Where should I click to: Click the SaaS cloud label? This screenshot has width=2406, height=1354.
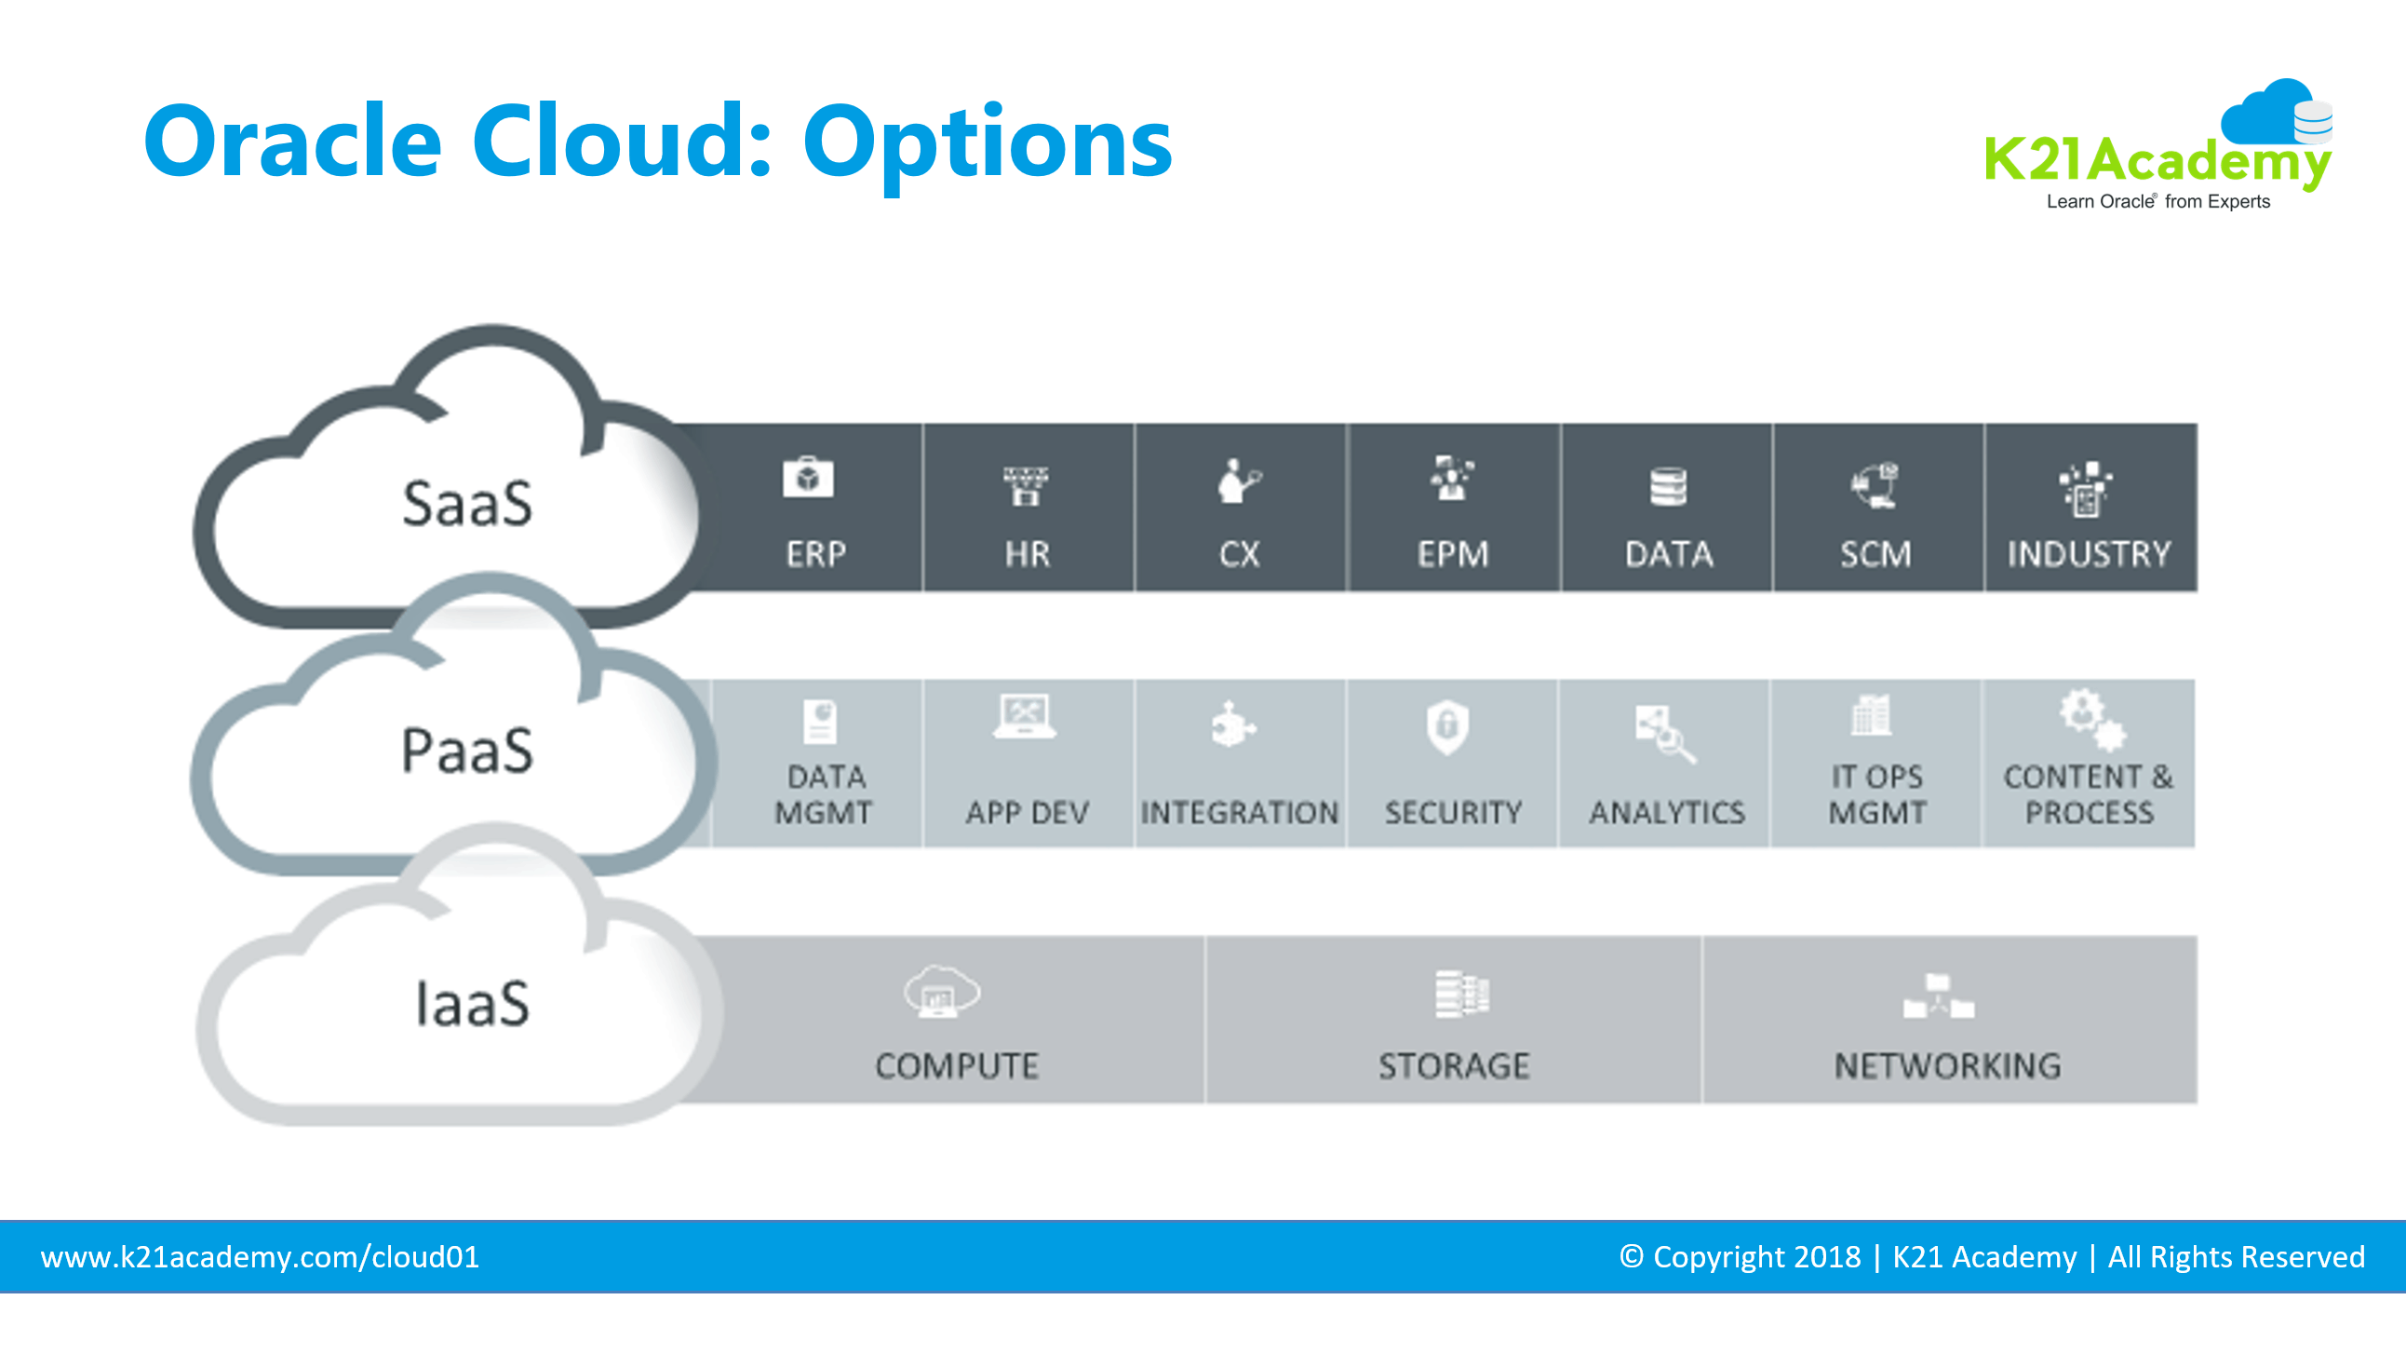(467, 505)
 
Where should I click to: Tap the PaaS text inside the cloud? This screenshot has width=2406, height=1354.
(467, 751)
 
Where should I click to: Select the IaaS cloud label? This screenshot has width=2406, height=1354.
(472, 1005)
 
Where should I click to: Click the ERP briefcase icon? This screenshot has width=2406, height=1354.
(808, 479)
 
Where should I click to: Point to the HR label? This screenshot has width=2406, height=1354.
(1028, 554)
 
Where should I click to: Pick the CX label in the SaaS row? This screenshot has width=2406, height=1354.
(1239, 554)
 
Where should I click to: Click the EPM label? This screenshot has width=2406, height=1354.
(1452, 554)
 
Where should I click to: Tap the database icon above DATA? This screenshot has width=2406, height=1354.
(1668, 486)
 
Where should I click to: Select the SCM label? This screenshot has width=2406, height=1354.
(1875, 554)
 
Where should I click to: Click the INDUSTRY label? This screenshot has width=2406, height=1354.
(2090, 554)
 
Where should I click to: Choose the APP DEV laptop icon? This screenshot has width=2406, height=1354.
(1025, 717)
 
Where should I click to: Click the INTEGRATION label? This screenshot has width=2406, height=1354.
(1240, 812)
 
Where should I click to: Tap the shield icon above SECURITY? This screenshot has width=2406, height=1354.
(1447, 726)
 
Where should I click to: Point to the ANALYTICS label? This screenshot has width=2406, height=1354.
(1667, 812)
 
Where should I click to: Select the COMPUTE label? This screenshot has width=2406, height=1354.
(957, 1066)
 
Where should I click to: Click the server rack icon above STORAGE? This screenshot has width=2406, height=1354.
(1461, 995)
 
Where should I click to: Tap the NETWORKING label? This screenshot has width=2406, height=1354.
(1947, 1066)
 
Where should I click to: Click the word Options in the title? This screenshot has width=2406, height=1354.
(988, 142)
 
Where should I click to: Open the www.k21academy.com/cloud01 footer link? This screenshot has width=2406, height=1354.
(260, 1257)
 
